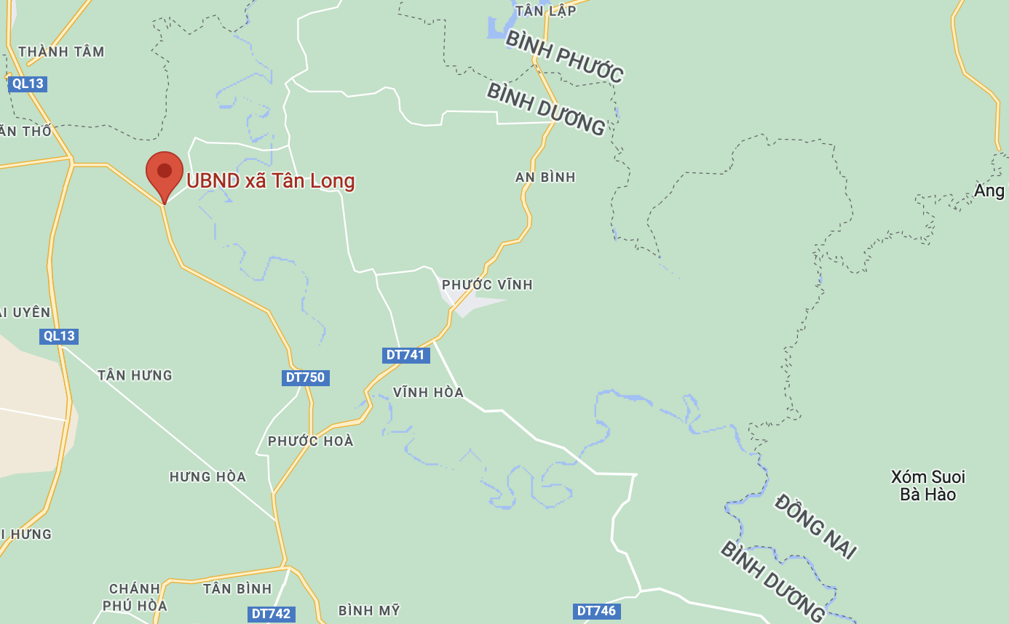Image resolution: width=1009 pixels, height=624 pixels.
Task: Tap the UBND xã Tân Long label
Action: click(x=271, y=181)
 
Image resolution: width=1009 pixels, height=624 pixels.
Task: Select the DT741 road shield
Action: click(x=406, y=355)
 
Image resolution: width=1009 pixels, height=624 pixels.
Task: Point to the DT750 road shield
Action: click(x=306, y=377)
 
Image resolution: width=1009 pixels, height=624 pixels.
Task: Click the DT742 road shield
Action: click(x=271, y=614)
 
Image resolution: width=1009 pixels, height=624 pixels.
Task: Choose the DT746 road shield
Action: click(x=596, y=611)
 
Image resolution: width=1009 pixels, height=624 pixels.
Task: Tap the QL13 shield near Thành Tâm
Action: click(x=28, y=84)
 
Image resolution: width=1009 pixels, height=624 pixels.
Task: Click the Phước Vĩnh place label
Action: click(x=487, y=285)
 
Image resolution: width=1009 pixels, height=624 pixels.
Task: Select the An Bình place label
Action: click(x=545, y=177)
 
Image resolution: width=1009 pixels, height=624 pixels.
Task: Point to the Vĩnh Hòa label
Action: click(x=428, y=393)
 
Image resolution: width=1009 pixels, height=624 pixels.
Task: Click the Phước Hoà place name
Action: click(x=310, y=441)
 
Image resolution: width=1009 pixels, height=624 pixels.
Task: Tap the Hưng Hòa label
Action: click(x=207, y=477)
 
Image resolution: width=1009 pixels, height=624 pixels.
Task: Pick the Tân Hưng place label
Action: click(x=135, y=375)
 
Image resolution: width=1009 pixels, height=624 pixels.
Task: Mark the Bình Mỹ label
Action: click(x=369, y=611)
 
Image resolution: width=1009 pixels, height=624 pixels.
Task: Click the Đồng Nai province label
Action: click(x=815, y=527)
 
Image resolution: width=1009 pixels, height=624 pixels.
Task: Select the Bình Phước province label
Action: click(x=564, y=57)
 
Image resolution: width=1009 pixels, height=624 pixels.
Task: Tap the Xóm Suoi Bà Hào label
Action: click(x=928, y=486)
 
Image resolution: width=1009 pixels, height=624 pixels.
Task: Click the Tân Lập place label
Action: click(x=545, y=10)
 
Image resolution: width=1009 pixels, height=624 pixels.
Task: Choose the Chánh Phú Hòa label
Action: click(x=135, y=597)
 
